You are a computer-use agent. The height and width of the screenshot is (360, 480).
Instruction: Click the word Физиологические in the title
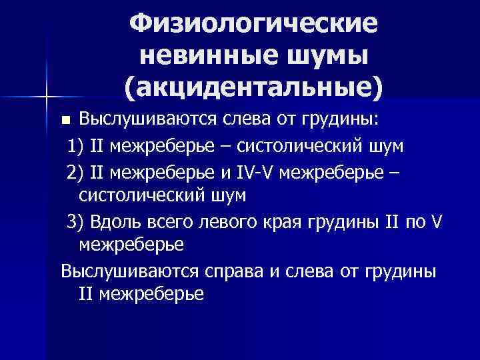click(x=253, y=25)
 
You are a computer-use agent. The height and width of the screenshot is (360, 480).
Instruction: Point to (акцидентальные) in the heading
click(x=253, y=87)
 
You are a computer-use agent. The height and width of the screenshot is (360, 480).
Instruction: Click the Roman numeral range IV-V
click(x=257, y=172)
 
